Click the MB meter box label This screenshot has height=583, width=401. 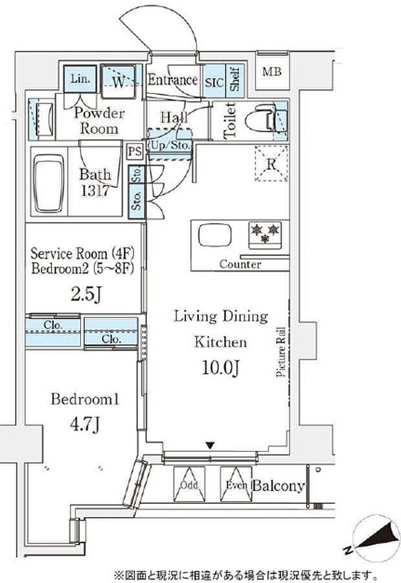[x=272, y=72]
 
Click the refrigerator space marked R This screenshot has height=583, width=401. [x=271, y=164]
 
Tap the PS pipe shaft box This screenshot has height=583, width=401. [x=135, y=151]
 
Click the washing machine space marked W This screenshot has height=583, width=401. [x=118, y=82]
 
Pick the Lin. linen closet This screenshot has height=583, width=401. [x=80, y=79]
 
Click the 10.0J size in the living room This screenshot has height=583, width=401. [x=221, y=367]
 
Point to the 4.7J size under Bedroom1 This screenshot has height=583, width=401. [x=85, y=424]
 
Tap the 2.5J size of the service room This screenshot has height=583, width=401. [x=85, y=294]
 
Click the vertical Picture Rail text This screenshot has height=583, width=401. [x=281, y=352]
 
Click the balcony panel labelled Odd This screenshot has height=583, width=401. [x=190, y=484]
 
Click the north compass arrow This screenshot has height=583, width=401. [x=376, y=537]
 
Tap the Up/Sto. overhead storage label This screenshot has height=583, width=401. [x=170, y=145]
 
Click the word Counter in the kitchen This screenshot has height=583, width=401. [x=240, y=265]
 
